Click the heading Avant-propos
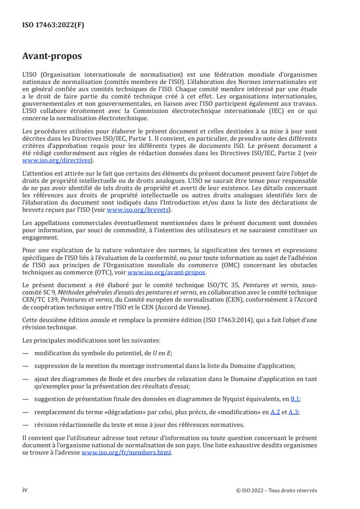pyautogui.click(x=52, y=57)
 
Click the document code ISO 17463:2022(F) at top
pyautogui.click(x=53, y=25)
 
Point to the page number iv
pyautogui.click(x=25, y=490)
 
